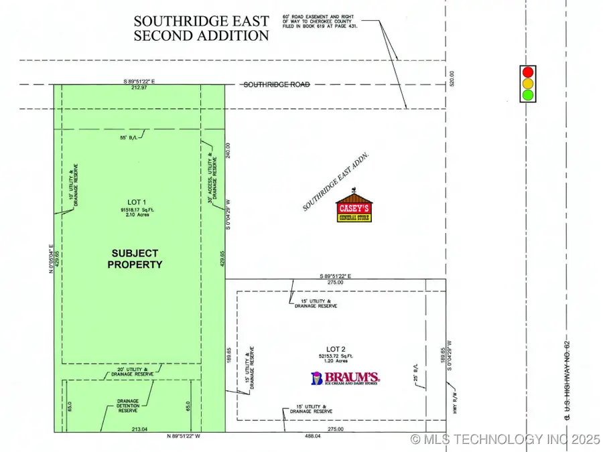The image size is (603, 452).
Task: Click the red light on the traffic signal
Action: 529,72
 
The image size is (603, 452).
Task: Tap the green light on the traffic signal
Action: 529,95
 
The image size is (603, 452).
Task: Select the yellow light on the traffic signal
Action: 529,84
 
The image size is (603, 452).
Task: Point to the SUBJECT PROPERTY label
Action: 135,258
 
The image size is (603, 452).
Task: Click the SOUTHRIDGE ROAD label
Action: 276,85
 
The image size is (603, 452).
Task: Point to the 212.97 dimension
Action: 140,88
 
